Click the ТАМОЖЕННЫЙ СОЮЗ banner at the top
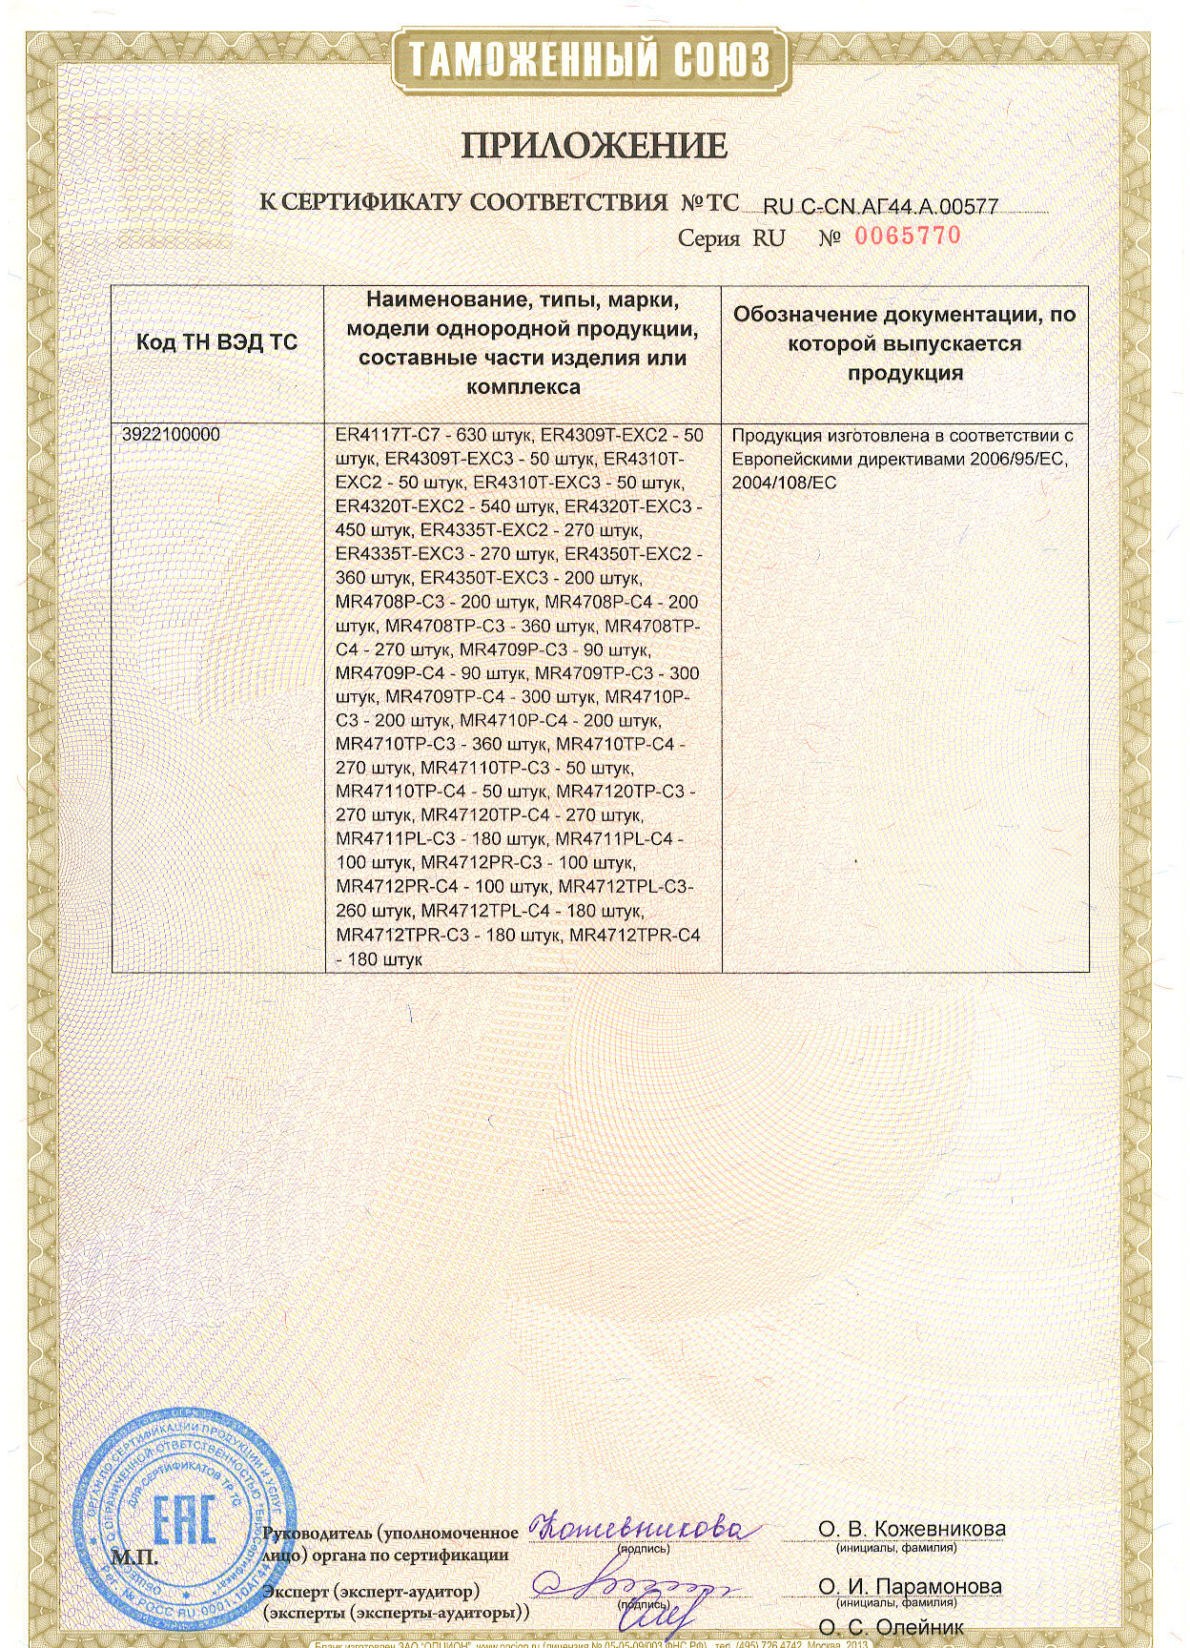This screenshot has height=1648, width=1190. (x=590, y=60)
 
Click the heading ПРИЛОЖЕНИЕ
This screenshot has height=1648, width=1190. (x=595, y=146)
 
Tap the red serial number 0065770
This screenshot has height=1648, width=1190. (x=908, y=236)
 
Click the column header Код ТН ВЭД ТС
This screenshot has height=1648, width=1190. (x=216, y=343)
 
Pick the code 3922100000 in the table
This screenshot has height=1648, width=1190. (x=171, y=434)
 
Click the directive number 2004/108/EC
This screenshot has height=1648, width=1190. (x=784, y=484)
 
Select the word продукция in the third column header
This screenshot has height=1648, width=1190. (x=905, y=373)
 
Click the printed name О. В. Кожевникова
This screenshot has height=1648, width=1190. (x=912, y=1529)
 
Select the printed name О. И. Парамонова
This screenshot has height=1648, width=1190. (x=910, y=1586)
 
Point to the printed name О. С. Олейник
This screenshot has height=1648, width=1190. (x=891, y=1627)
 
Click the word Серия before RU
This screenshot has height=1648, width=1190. (x=708, y=238)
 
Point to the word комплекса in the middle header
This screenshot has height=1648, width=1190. (x=523, y=387)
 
